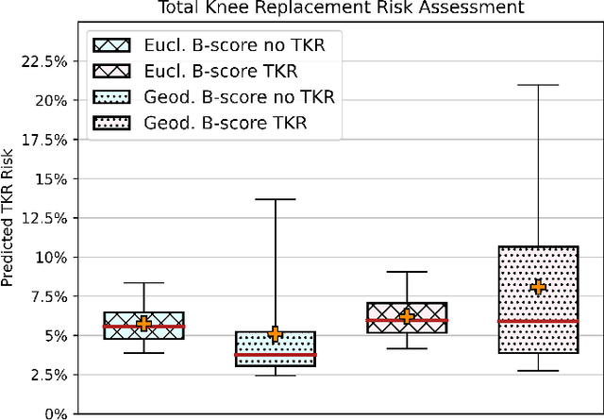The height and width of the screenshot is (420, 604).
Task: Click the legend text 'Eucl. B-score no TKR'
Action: pos(237,44)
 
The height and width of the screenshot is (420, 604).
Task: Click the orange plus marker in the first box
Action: pos(143,324)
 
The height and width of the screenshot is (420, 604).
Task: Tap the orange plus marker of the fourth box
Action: pos(538,287)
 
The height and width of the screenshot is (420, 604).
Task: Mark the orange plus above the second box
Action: pos(275,333)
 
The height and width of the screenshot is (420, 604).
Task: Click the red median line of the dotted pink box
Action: pos(538,322)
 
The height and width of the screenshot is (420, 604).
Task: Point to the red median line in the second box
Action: pos(275,354)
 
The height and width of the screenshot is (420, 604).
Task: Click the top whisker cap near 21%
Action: pos(538,85)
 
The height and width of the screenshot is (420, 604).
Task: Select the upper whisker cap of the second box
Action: pos(275,199)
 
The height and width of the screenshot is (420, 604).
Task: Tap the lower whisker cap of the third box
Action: pos(407,348)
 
